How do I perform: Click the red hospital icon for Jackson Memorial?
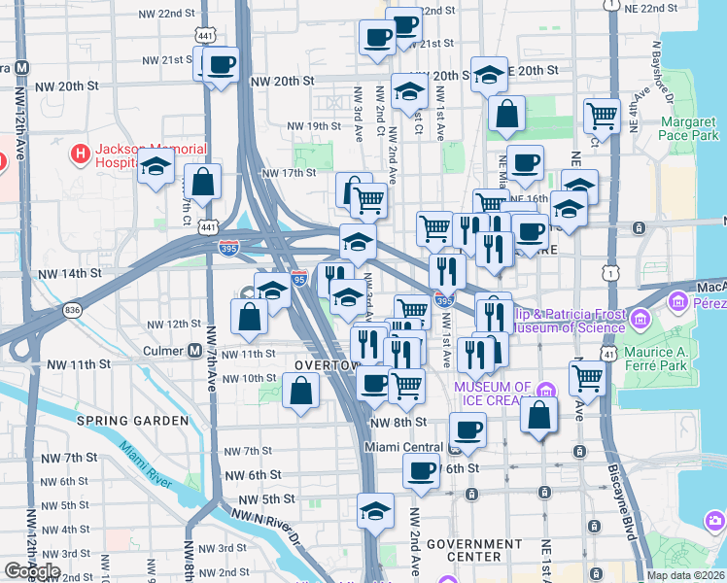click(x=80, y=154)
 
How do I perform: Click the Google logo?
click(x=33, y=571)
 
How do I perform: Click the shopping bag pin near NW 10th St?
click(x=301, y=392)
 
